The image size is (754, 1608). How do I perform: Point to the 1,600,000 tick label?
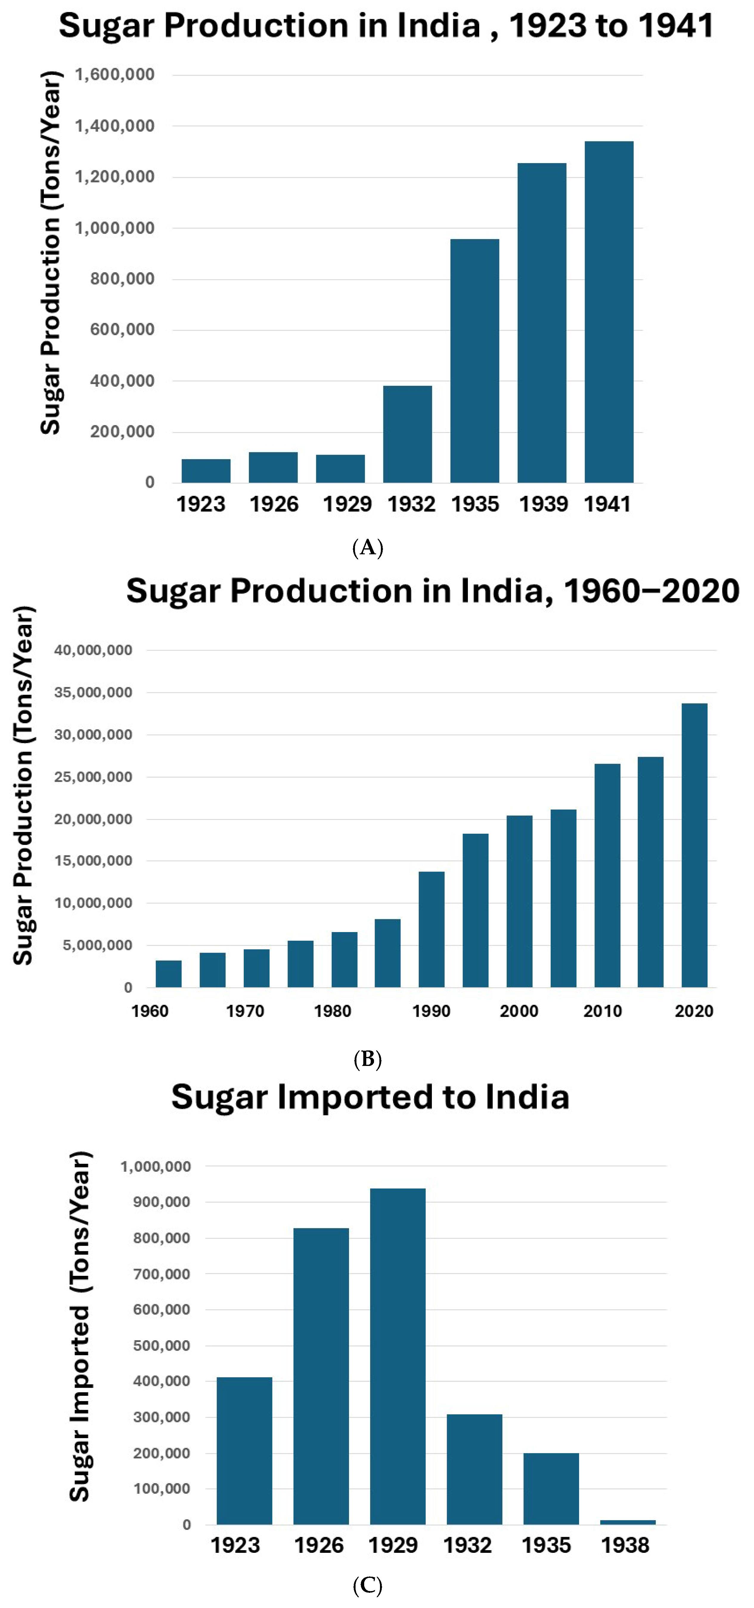(115, 75)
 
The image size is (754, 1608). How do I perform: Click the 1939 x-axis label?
(543, 504)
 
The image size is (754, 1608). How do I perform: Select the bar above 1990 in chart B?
(431, 929)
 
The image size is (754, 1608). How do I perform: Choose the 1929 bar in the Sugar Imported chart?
(398, 1356)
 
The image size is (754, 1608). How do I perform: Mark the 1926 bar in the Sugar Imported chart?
(321, 1376)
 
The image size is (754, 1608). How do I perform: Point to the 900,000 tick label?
(162, 1202)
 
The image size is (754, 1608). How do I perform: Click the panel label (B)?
(367, 1059)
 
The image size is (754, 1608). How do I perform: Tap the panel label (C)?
(367, 1586)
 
